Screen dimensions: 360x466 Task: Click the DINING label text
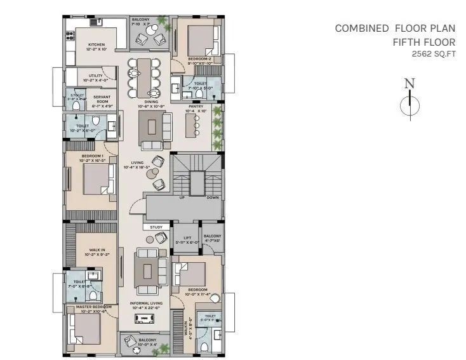pos(151,101)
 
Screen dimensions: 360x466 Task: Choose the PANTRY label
pos(196,107)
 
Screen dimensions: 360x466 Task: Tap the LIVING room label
pos(137,163)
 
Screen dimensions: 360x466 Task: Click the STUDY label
pos(156,227)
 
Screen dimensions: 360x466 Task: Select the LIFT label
pos(187,238)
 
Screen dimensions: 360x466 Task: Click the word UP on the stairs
pos(182,197)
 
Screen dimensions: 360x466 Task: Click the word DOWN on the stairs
pos(212,197)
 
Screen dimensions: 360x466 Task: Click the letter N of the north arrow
pos(409,83)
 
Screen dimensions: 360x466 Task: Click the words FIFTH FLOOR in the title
pos(423,41)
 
